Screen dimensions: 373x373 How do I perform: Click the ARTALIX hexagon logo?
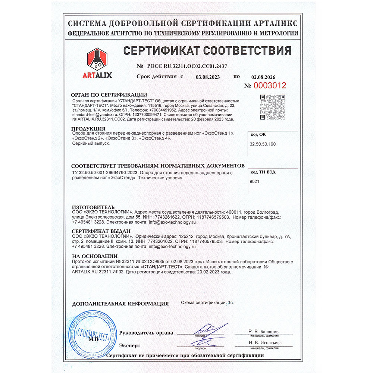pos(97,60)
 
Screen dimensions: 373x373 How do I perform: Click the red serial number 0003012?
pos(270,85)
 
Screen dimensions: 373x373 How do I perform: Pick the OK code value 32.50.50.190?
pos(263,144)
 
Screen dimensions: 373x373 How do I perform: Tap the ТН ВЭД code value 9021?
pos(254,181)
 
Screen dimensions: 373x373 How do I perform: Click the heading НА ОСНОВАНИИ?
pos(94,256)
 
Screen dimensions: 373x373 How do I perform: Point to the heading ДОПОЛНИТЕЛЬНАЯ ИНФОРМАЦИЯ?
pos(120,304)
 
